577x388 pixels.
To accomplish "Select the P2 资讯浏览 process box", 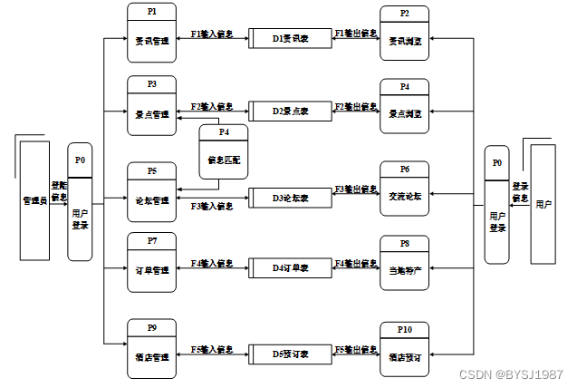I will tap(404, 34).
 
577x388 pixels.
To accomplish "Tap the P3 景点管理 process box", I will tap(151, 107).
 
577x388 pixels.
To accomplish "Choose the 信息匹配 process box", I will tap(223, 153).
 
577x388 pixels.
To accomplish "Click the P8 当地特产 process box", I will tap(404, 263).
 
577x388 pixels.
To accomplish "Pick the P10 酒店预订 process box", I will tap(404, 349).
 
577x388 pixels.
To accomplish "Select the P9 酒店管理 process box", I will tap(151, 348).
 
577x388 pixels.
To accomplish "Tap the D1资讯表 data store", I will tap(291, 39).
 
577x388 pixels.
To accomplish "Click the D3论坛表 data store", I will tap(291, 197).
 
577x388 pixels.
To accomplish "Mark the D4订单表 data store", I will tap(291, 268).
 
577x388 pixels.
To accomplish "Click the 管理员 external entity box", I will tap(34, 199).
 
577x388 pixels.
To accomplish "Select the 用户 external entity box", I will tap(543, 203).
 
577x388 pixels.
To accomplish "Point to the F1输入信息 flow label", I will tap(212, 34).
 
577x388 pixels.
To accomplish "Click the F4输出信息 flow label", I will tap(356, 263).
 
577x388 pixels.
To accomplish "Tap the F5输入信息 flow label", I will tap(212, 348).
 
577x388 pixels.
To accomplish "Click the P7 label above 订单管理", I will tap(151, 241).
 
